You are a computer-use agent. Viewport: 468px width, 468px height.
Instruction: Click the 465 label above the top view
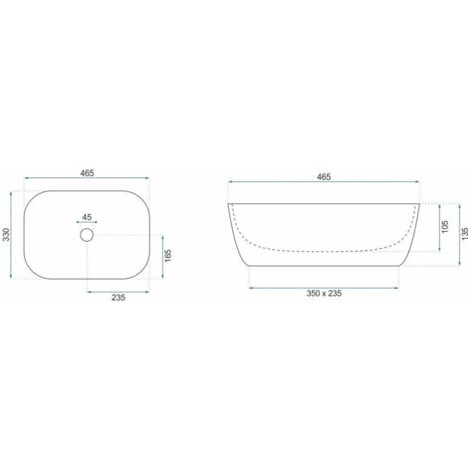[x=89, y=174]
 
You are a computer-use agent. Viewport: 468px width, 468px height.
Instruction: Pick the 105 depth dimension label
[x=443, y=228]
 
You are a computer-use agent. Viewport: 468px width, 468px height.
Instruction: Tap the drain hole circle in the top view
[x=87, y=235]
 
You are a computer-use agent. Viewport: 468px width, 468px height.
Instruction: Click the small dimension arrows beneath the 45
[x=86, y=222]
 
